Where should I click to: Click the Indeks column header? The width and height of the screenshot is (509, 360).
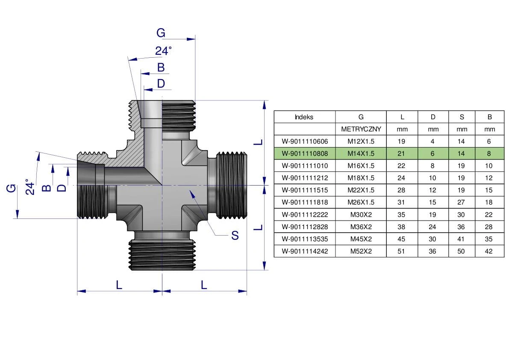tap(304, 117)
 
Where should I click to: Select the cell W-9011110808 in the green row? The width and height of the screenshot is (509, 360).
tap(305, 153)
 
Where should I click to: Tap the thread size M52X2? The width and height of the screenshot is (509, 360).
tap(361, 251)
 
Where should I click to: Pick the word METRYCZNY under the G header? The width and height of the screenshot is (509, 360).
tap(361, 129)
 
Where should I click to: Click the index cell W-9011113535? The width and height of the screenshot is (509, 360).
tap(305, 239)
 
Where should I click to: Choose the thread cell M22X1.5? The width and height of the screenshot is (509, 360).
tap(361, 190)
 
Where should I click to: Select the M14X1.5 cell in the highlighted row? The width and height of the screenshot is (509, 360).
tap(361, 153)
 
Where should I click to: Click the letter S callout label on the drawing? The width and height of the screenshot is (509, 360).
tap(235, 235)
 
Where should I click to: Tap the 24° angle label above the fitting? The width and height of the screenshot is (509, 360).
tap(163, 51)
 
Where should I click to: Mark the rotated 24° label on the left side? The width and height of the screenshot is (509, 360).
tap(29, 187)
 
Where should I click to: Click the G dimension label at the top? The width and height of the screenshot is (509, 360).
tap(161, 33)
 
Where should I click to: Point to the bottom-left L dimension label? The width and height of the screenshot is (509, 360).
tap(119, 284)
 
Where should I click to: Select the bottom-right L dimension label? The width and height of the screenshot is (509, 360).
tap(204, 284)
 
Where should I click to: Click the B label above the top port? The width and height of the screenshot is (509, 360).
tap(161, 68)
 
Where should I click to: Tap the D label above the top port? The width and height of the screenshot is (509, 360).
tap(161, 84)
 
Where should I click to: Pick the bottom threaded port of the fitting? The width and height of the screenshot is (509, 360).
tap(162, 255)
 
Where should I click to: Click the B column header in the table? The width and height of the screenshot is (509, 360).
tap(489, 117)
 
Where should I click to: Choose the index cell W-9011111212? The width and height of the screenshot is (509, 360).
tap(305, 178)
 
